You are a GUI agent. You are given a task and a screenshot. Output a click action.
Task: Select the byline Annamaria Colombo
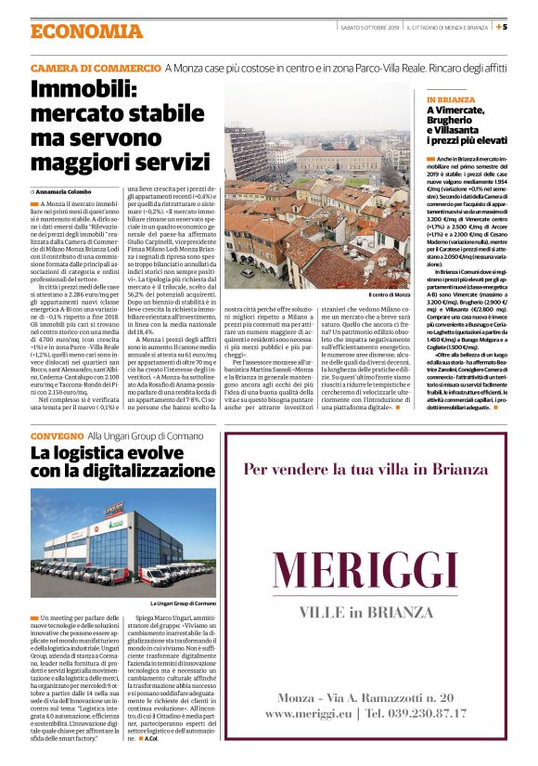coord(70,191)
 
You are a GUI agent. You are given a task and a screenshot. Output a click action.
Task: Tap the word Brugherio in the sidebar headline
coord(455,120)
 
